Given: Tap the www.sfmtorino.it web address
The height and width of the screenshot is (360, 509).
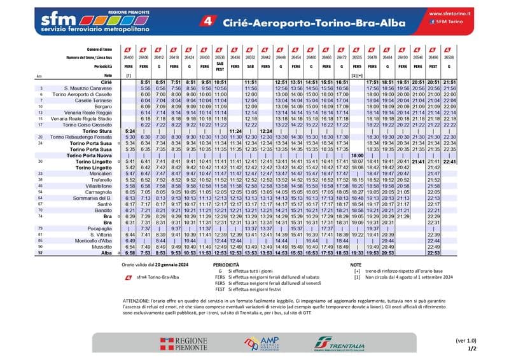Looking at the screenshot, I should point(450,12).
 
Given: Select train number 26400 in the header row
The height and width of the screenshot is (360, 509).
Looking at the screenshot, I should point(129,57).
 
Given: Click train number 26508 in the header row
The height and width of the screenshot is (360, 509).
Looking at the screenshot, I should point(449,57).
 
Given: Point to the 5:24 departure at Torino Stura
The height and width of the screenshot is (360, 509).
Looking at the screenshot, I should point(129,130).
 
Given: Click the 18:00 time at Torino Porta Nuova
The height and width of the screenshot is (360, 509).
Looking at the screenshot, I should point(357,155).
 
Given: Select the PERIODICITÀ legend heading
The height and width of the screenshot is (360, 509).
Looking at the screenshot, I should point(227,263).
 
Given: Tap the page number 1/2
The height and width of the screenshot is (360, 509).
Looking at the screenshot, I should point(471,349).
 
